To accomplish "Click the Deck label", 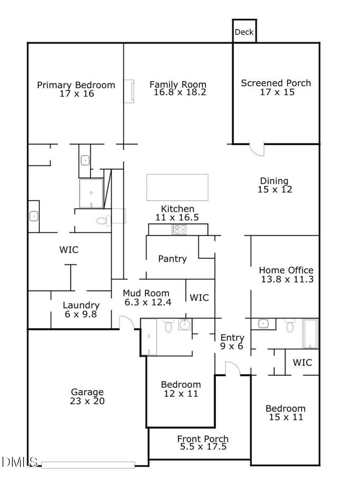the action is point(244,32).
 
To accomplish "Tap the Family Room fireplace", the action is point(129,91).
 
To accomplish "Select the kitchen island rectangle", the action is point(177,187).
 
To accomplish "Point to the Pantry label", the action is point(172,259).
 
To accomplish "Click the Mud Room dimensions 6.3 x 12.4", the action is point(148,302).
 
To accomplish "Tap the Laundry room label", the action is point(81,305).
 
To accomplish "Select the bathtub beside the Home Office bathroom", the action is point(310,334).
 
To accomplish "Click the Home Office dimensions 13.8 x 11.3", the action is point(287,279).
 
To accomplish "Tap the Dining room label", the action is point(274,181).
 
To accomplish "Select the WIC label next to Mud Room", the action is point(199,297).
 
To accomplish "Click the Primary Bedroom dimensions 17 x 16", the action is point(77,93).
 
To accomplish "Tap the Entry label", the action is point(232,338).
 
